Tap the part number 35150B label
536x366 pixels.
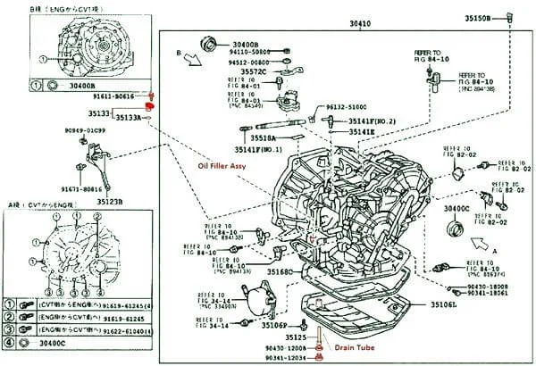point(478,17)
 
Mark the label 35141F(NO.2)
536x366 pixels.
point(372,120)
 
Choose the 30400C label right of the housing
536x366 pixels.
point(456,208)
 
